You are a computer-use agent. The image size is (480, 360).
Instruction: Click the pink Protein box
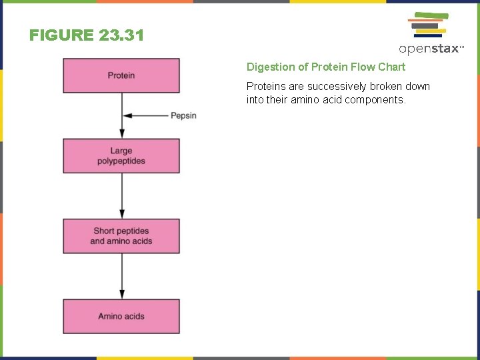coord(121,75)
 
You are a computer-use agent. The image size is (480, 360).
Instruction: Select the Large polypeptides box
coord(121,156)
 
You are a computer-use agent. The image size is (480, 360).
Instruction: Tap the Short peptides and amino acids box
coord(121,236)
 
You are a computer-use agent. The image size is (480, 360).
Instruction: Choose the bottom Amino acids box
coord(121,316)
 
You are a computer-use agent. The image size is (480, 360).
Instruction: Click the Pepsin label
coord(183,116)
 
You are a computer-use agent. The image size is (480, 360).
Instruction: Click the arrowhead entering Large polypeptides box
coord(121,134)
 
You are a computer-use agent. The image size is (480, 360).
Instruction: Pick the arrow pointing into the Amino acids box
coord(121,276)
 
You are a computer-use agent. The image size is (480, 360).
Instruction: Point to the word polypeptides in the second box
coord(121,161)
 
